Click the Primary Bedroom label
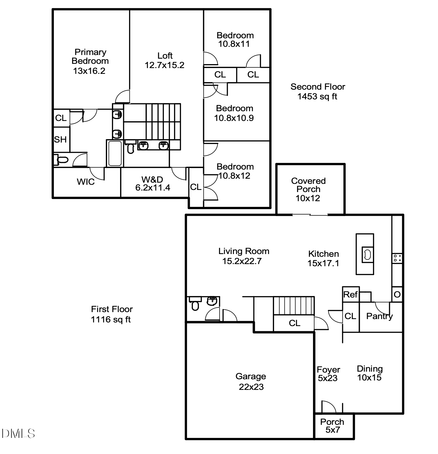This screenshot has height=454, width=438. pyautogui.click(x=90, y=61)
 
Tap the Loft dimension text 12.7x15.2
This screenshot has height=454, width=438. pyautogui.click(x=165, y=65)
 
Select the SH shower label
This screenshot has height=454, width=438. pyautogui.click(x=60, y=140)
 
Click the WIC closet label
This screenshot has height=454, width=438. pyautogui.click(x=85, y=182)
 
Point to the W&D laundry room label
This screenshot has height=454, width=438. pyautogui.click(x=152, y=184)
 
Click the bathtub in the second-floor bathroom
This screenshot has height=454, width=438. pyautogui.click(x=115, y=153)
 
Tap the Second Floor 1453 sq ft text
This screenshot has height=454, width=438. pyautogui.click(x=318, y=91)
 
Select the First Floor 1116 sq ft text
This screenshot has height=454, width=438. pyautogui.click(x=112, y=314)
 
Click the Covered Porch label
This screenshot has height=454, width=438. pyautogui.click(x=308, y=189)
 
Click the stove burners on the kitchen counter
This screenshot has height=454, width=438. pyautogui.click(x=397, y=258)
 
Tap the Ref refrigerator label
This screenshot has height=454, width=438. pyautogui.click(x=350, y=294)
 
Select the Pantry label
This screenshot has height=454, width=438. pyautogui.click(x=379, y=316)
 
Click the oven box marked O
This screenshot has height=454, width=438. pyautogui.click(x=397, y=294)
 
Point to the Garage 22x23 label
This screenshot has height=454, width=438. pyautogui.click(x=251, y=381)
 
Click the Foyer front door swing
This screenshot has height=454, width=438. pyautogui.click(x=328, y=407)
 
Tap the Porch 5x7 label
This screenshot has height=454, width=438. pyautogui.click(x=332, y=426)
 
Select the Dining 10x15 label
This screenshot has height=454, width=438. pyautogui.click(x=370, y=373)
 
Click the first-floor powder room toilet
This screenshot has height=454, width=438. pyautogui.click(x=195, y=305)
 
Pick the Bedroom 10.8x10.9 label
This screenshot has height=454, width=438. pyautogui.click(x=234, y=113)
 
